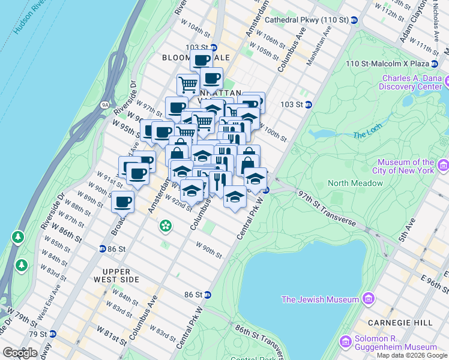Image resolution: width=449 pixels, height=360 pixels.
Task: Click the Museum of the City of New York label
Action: coord(406,166)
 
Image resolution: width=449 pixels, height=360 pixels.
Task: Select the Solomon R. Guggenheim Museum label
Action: coord(395,343)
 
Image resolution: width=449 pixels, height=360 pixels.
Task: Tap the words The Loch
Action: coord(366,135)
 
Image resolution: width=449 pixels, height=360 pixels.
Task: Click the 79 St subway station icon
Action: coord(53,334)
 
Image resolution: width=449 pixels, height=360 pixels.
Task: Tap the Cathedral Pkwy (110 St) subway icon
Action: coord(354,20)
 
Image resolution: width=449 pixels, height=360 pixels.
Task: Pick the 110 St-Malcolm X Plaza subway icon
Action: coord(441,64)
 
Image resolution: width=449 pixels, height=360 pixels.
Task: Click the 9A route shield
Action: coord(105,105)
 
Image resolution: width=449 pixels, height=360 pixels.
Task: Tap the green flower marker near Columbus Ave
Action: coord(165,226)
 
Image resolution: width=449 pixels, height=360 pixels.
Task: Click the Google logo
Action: coord(20,353)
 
